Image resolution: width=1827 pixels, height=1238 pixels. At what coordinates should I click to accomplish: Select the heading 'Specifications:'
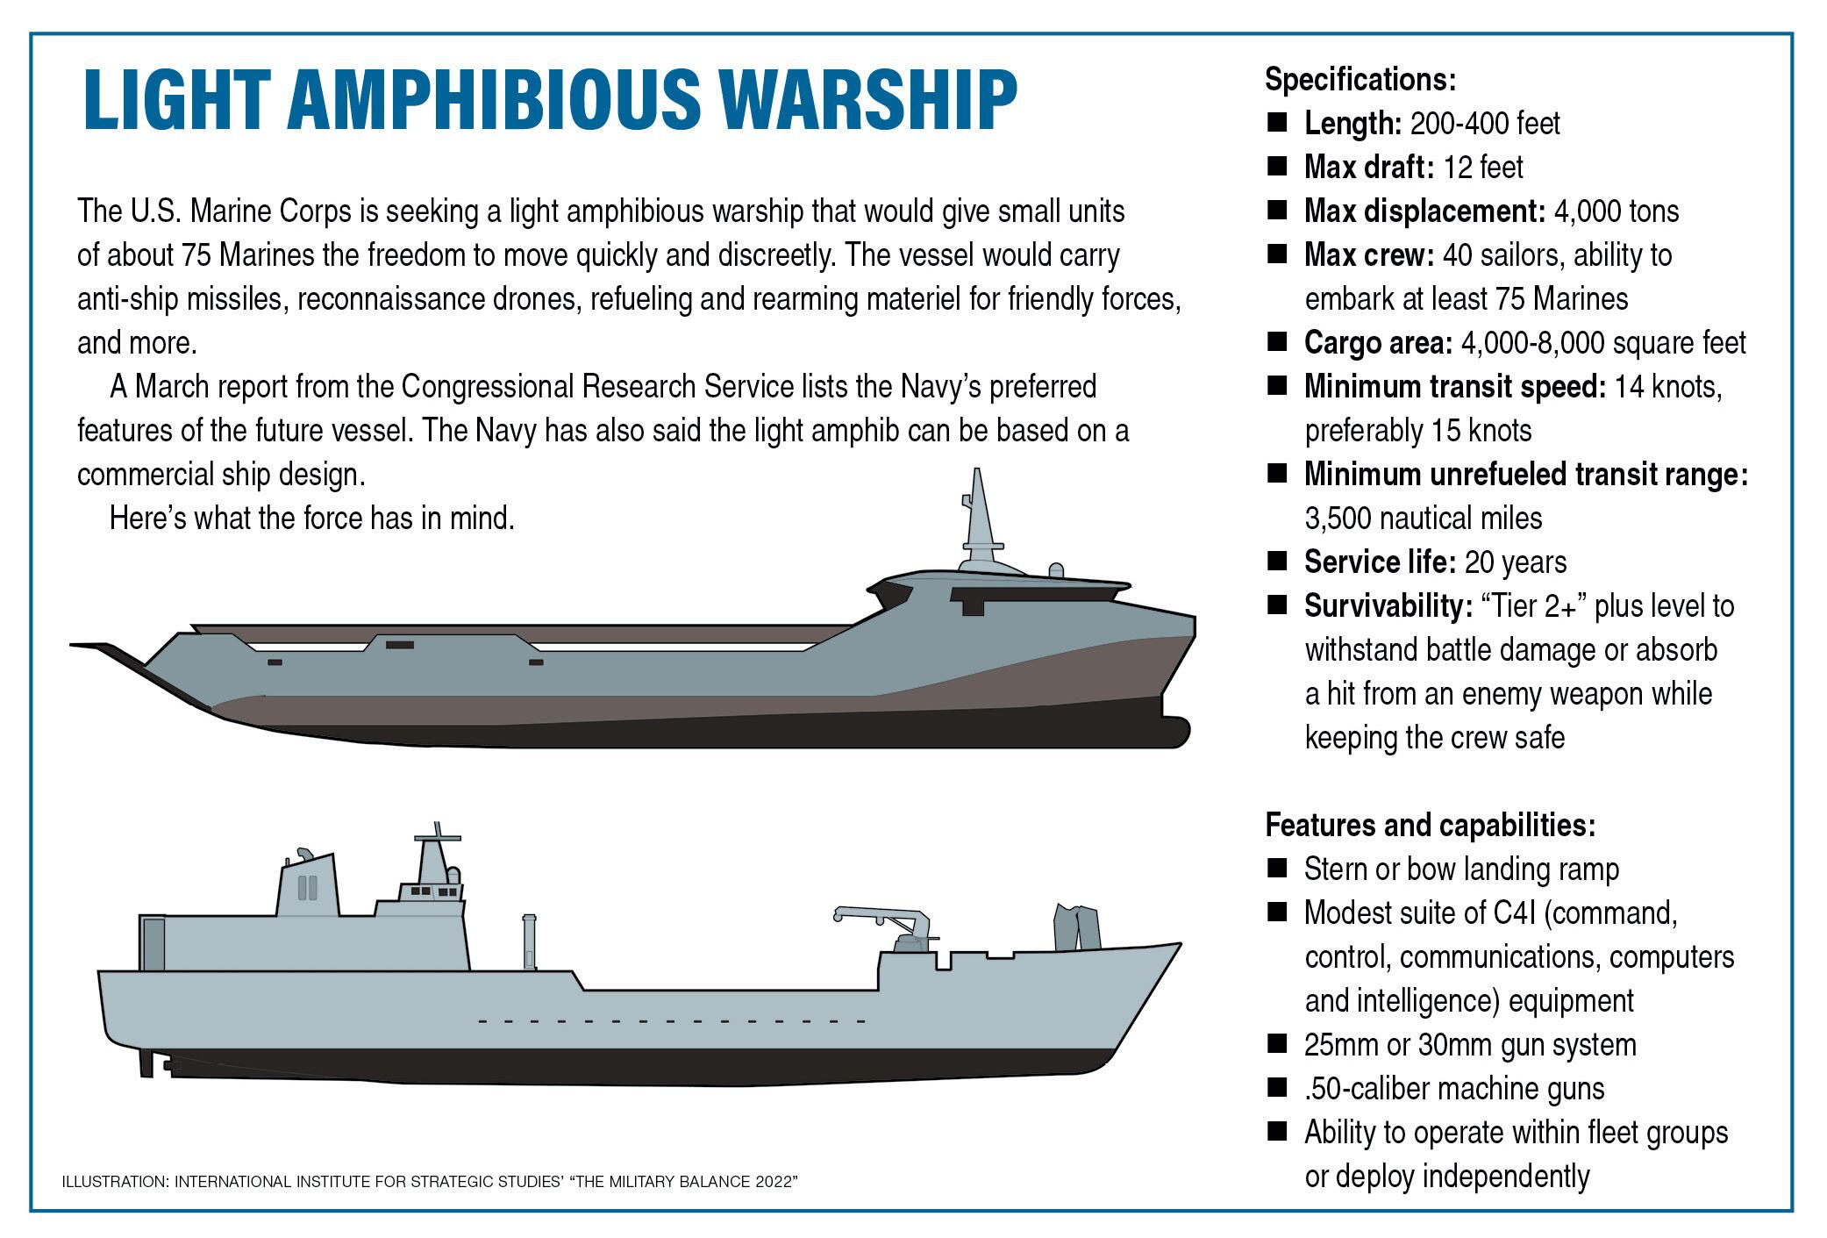pyautogui.click(x=1360, y=80)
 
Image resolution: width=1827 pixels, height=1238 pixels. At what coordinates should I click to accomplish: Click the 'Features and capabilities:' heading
pyautogui.click(x=1430, y=826)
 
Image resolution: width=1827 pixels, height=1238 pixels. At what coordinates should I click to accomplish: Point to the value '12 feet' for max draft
pyautogui.click(x=1483, y=167)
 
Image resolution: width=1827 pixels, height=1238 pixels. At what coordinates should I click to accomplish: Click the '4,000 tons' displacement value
pyautogui.click(x=1616, y=211)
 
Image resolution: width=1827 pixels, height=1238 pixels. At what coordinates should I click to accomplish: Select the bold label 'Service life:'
pyautogui.click(x=1381, y=562)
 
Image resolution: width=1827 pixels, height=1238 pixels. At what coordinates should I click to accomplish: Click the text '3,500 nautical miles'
pyautogui.click(x=1423, y=519)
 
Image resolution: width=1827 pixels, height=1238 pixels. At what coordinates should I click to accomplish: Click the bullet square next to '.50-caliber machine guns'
pyautogui.click(x=1277, y=1087)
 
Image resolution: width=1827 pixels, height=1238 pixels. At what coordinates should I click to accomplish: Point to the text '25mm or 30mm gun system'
pyautogui.click(x=1470, y=1045)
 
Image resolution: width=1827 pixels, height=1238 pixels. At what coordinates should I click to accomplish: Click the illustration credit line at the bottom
pyautogui.click(x=430, y=1182)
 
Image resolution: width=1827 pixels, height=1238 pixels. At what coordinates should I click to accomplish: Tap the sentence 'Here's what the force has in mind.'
pyautogui.click(x=312, y=519)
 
